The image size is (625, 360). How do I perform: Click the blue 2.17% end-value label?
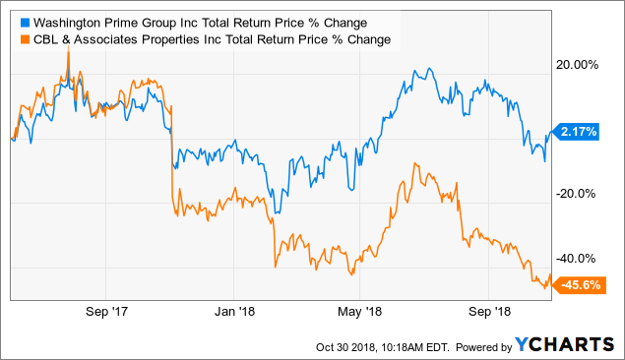(578, 131)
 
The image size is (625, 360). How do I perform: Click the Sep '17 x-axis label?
(109, 312)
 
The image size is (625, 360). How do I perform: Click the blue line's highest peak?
(418, 69)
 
